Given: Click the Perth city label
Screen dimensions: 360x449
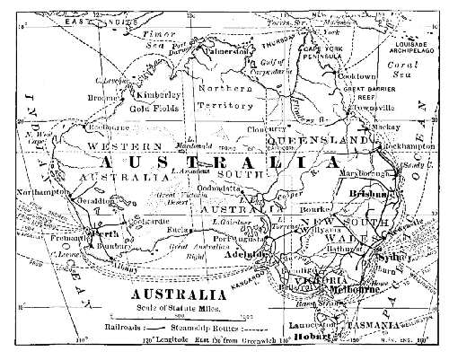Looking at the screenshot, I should (x=102, y=233).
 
